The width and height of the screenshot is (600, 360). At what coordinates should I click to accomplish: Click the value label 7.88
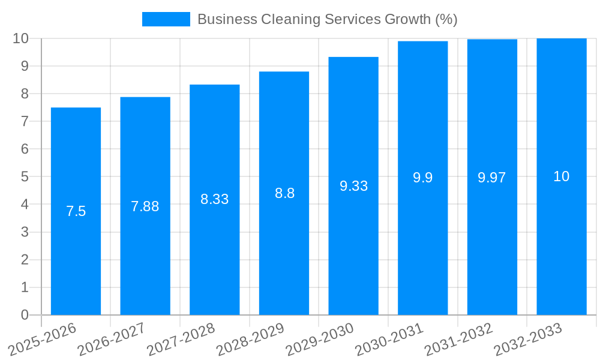click(x=145, y=206)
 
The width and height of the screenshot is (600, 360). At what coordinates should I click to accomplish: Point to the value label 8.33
click(x=214, y=199)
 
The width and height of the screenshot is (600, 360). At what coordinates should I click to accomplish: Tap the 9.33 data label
click(x=353, y=186)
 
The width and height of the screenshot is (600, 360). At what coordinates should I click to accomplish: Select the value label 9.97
click(x=491, y=178)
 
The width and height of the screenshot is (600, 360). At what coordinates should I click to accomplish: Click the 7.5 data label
click(x=76, y=211)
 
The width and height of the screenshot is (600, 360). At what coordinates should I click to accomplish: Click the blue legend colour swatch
click(x=166, y=19)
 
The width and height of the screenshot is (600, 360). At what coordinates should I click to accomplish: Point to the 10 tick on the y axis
click(x=20, y=38)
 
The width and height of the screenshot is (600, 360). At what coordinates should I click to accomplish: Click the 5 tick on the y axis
click(x=25, y=177)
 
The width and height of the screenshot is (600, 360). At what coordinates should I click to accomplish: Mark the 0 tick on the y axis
click(x=25, y=315)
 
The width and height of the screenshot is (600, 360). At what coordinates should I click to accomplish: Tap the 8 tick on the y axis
click(x=25, y=94)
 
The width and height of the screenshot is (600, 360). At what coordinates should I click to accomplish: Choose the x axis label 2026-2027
click(x=111, y=339)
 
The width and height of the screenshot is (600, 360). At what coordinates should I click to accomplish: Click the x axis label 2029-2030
click(x=319, y=339)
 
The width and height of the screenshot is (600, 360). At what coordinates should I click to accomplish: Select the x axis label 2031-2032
click(x=458, y=339)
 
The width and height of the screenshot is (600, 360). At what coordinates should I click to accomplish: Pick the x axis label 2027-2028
click(x=181, y=339)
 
